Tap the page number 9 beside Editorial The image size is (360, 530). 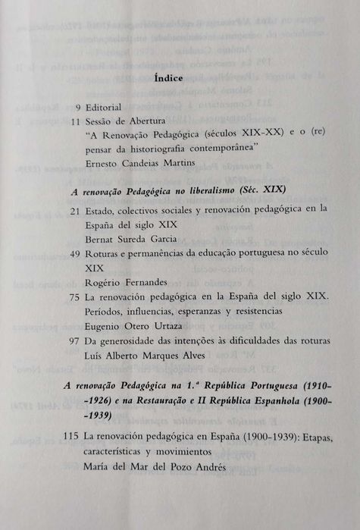point(77,107)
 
